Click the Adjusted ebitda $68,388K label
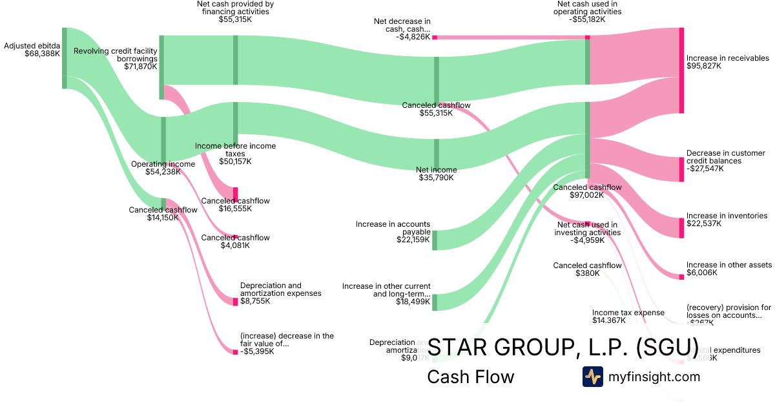click(x=32, y=50)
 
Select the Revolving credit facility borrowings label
click(x=116, y=59)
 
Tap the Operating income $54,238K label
click(x=163, y=168)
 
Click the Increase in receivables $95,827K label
click(x=727, y=62)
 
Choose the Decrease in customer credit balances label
click(x=725, y=161)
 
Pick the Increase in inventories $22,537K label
click(x=727, y=220)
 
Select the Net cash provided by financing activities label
click(x=235, y=12)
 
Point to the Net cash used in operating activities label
click(x=589, y=12)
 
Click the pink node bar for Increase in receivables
click(x=681, y=70)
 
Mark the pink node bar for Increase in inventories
click(x=681, y=228)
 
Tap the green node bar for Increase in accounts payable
click(x=435, y=240)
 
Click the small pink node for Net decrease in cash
click(x=435, y=37)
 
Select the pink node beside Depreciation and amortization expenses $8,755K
click(x=235, y=301)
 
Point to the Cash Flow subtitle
click(x=471, y=377)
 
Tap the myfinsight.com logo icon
click(x=592, y=377)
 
